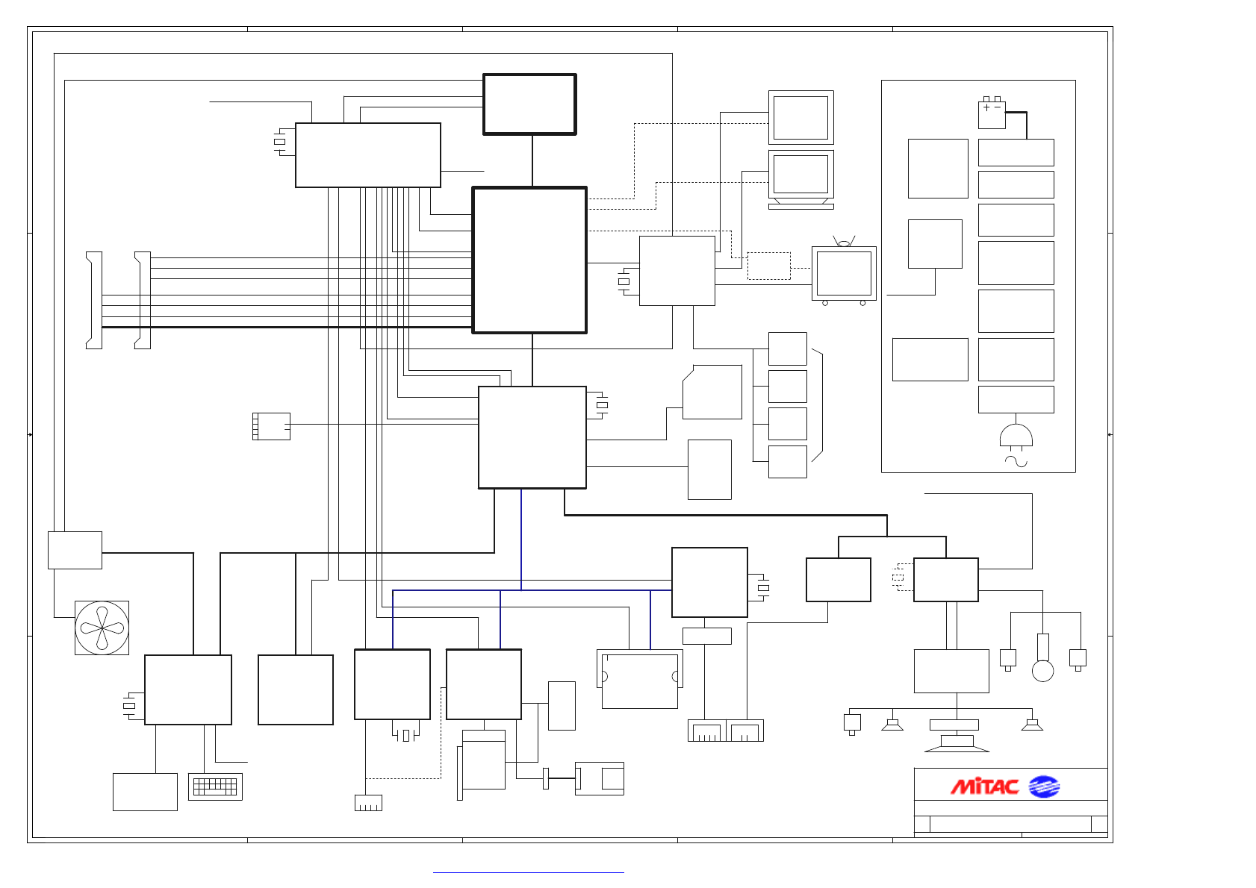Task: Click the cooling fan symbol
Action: (x=102, y=628)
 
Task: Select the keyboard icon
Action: (x=215, y=787)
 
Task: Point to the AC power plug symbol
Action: (x=1016, y=437)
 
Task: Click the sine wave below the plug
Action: (x=1016, y=462)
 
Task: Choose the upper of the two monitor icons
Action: (x=800, y=117)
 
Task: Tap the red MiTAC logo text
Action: (x=984, y=787)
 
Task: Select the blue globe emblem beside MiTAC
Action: (x=1044, y=787)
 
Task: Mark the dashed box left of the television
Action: (x=768, y=266)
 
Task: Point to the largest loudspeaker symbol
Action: (x=957, y=742)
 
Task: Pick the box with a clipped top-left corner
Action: (x=712, y=392)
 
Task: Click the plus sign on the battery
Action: (x=986, y=107)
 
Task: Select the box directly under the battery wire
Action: (x=1016, y=152)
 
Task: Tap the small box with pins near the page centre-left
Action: (x=271, y=426)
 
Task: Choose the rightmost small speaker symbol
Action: (x=1032, y=725)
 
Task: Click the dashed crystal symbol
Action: (x=898, y=577)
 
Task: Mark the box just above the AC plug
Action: (x=1016, y=399)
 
